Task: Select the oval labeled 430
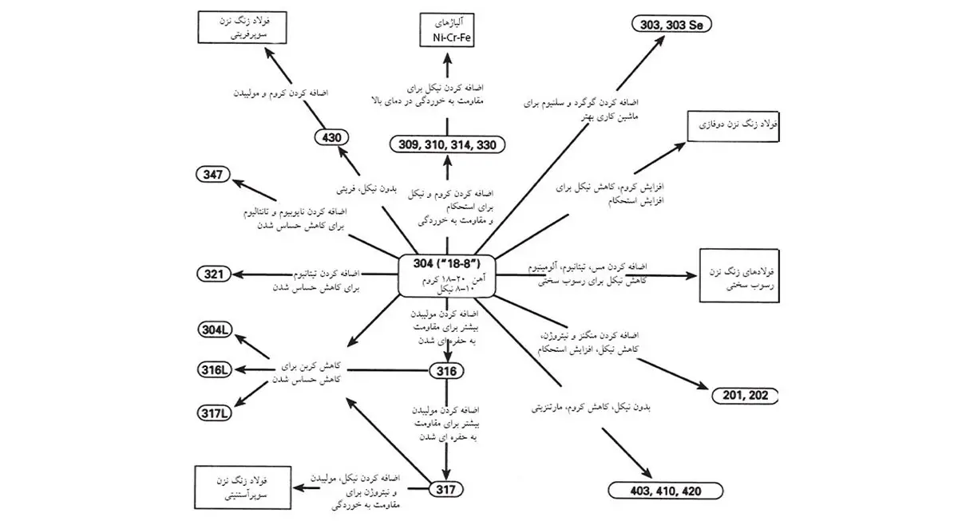pyautogui.click(x=331, y=137)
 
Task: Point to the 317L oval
pyautogui.click(x=216, y=412)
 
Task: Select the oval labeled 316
pyautogui.click(x=446, y=370)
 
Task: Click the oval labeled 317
pyautogui.click(x=446, y=487)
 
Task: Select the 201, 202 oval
pyautogui.click(x=743, y=394)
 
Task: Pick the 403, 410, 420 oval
pyautogui.click(x=665, y=490)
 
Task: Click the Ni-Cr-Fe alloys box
pyautogui.click(x=447, y=30)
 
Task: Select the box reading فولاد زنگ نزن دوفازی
pyautogui.click(x=731, y=126)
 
